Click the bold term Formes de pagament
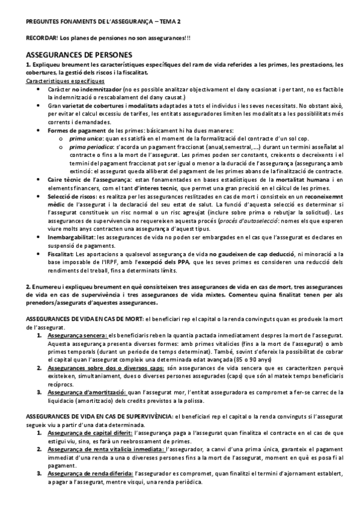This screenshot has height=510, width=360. point(75,130)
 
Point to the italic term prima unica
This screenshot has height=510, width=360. point(86,138)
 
